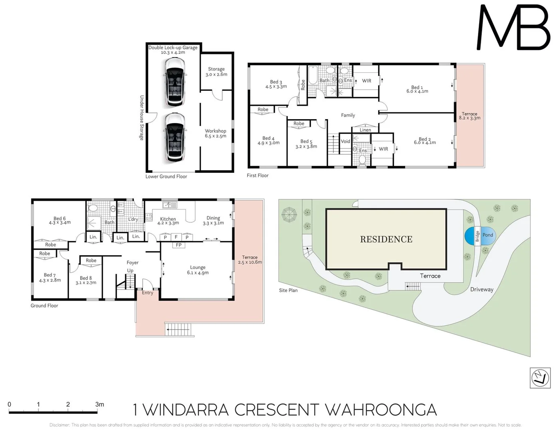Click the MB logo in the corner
513,27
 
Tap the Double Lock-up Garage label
173,48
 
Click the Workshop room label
215,131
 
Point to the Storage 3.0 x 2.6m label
216,72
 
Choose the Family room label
348,115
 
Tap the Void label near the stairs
345,141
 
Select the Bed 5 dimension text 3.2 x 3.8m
306,146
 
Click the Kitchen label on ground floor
168,219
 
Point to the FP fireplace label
178,245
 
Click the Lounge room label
198,267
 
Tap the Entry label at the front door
147,293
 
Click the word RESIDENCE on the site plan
386,239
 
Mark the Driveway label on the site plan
482,289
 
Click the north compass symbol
540,378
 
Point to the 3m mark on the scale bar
99,404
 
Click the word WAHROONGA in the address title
381,410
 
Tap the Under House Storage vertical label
141,118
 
